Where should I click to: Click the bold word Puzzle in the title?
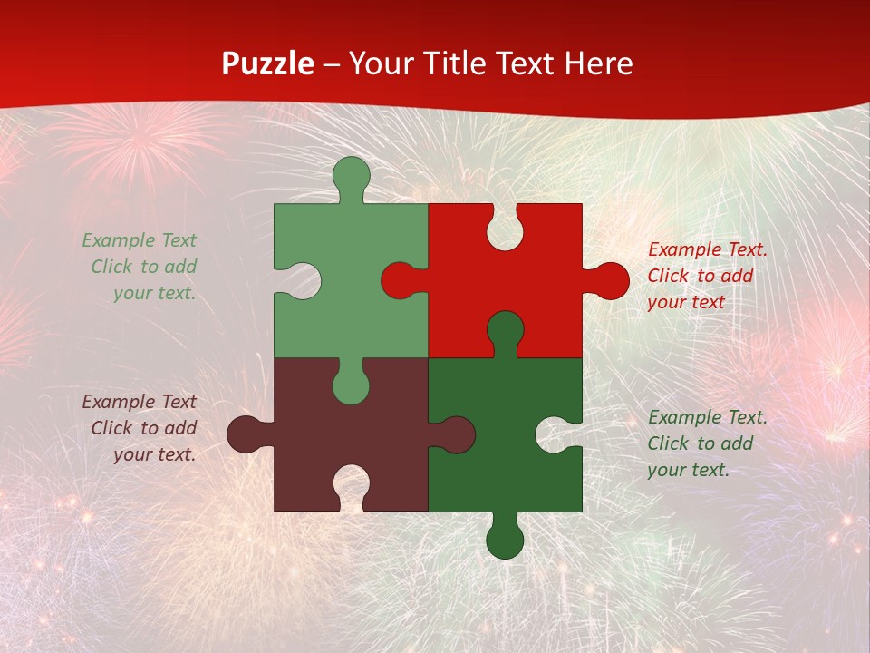click(x=268, y=63)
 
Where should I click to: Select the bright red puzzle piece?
click(x=535, y=272)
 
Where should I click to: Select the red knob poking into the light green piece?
click(x=401, y=280)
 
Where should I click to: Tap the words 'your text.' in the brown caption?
click(x=154, y=454)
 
